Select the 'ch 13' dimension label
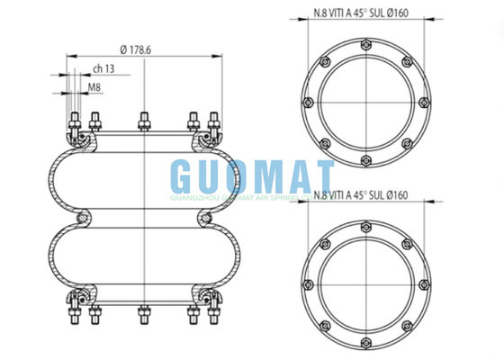coord(103,68)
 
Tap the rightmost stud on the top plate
coord(213,124)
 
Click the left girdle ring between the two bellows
coord(84,217)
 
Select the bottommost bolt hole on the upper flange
coord(368,162)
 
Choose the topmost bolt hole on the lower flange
coord(368,227)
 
